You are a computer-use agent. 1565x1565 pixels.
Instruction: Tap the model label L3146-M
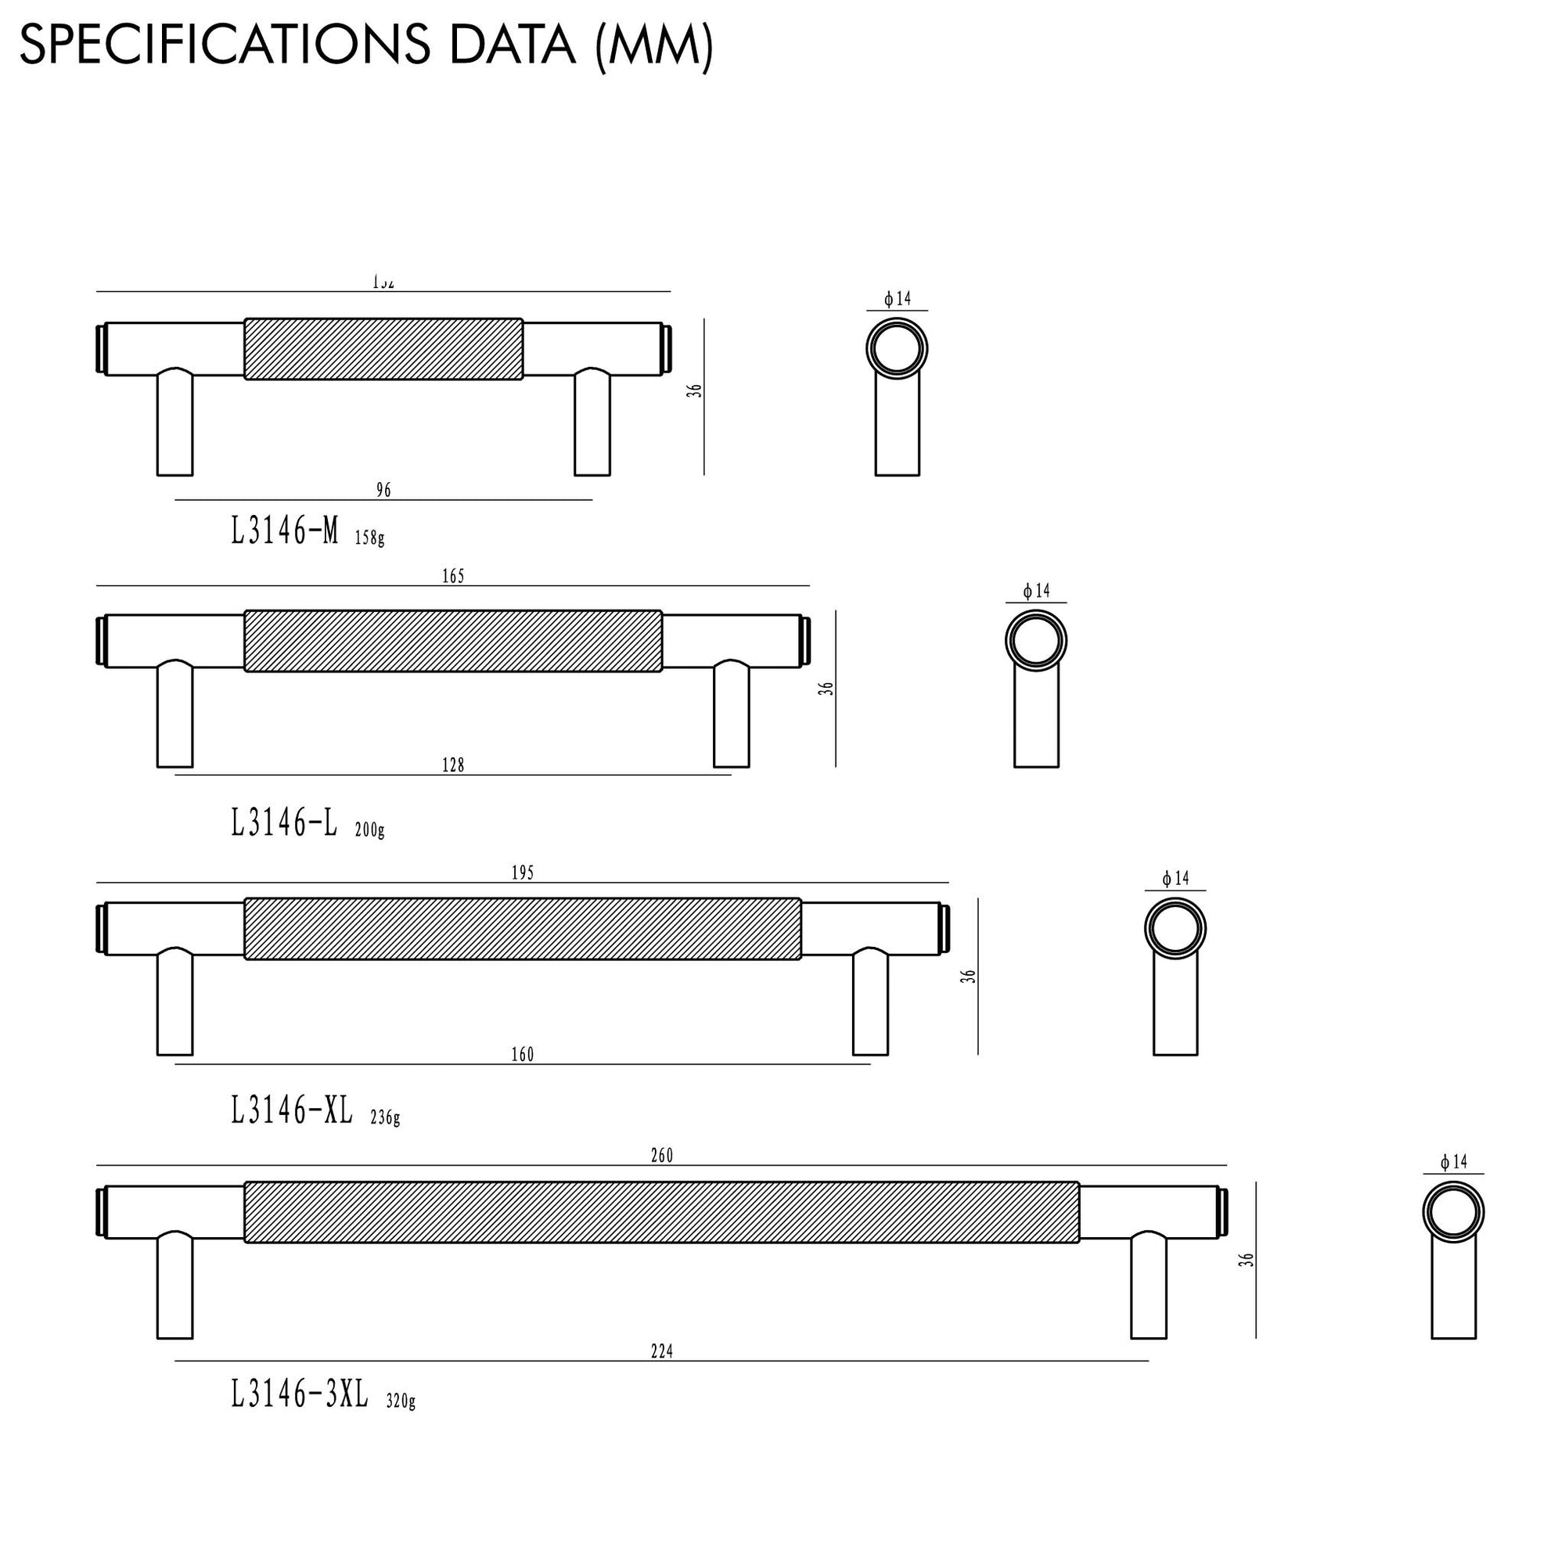(x=284, y=532)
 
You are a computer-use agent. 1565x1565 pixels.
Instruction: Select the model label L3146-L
(x=283, y=824)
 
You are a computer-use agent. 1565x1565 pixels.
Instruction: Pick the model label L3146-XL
(x=292, y=1110)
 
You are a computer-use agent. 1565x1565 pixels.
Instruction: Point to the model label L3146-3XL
(x=300, y=1394)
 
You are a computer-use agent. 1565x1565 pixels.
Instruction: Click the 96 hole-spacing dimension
(x=383, y=490)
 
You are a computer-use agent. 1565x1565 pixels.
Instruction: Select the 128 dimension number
(x=453, y=765)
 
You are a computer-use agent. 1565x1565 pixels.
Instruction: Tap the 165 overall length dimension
(x=453, y=576)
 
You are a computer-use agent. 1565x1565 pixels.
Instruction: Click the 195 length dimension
(x=523, y=872)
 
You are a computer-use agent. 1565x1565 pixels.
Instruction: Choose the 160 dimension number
(x=523, y=1054)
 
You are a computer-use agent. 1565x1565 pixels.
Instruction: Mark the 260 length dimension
(x=662, y=1156)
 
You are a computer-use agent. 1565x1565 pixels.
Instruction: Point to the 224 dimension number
(x=662, y=1351)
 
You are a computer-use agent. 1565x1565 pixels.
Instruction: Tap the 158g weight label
(x=369, y=538)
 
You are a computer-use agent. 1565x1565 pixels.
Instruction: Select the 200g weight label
(x=369, y=829)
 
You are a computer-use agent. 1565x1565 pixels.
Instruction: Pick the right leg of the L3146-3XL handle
(x=1149, y=1286)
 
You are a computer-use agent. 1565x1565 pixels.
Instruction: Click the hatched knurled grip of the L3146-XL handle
(x=523, y=928)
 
